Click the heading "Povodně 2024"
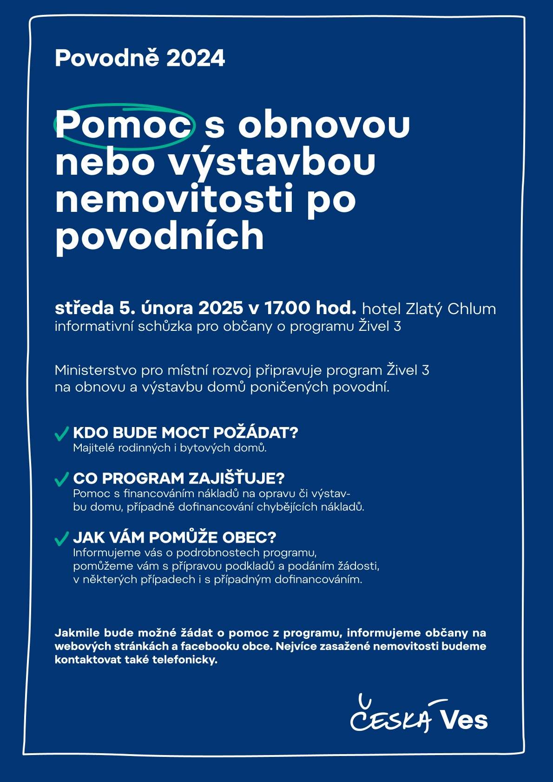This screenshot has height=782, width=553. pyautogui.click(x=140, y=59)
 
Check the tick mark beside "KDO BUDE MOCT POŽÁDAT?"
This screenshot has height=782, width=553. pyautogui.click(x=62, y=434)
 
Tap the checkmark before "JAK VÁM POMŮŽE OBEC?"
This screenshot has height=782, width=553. pyautogui.click(x=62, y=539)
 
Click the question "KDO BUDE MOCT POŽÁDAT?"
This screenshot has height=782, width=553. pyautogui.click(x=185, y=433)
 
